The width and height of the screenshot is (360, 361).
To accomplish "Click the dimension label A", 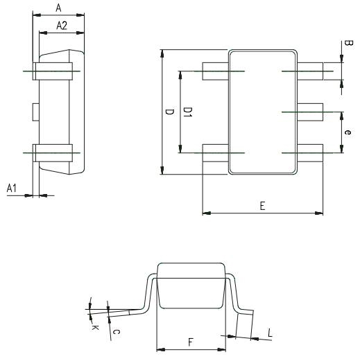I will [58, 7].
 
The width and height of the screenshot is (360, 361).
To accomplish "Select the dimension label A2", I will [61, 26].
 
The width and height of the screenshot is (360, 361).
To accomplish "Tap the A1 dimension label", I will [12, 188].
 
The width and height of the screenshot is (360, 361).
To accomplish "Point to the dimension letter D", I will [169, 112].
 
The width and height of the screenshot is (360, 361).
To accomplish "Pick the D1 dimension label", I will [187, 112].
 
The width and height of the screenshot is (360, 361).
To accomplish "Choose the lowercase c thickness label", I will [117, 332].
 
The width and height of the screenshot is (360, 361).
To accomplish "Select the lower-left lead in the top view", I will [215, 152].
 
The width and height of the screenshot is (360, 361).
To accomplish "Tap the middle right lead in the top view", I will [311, 111].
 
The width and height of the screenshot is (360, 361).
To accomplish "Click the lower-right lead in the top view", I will [311, 152].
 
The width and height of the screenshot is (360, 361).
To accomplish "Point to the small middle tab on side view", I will [35, 111].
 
